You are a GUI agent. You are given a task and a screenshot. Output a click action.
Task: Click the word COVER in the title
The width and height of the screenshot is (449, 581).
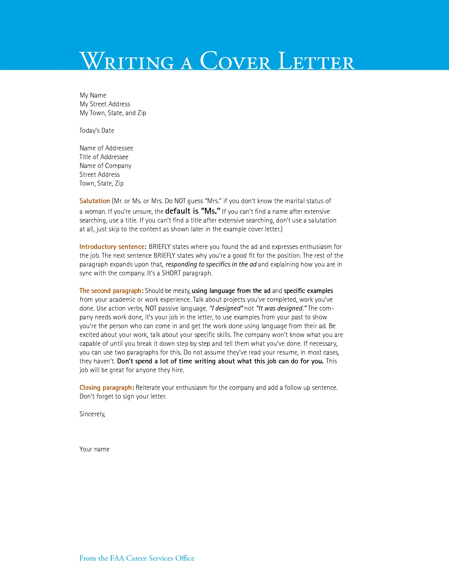pyautogui.click(x=235, y=61)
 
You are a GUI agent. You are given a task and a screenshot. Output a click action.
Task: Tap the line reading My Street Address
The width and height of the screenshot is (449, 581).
pyautogui.click(x=105, y=104)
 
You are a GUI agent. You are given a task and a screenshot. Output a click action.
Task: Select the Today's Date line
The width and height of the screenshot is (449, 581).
pyautogui.click(x=96, y=131)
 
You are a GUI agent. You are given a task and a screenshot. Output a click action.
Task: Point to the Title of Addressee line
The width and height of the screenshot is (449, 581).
pyautogui.click(x=104, y=157)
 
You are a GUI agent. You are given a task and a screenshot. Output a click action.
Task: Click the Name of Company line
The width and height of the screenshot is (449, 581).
pyautogui.click(x=105, y=166)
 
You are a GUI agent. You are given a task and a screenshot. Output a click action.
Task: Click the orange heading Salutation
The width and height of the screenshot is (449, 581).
pyautogui.click(x=94, y=201)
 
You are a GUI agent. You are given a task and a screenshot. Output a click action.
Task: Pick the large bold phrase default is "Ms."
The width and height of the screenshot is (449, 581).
pyautogui.click(x=193, y=211)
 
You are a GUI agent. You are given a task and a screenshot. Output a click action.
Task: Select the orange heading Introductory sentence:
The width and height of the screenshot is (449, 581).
pyautogui.click(x=113, y=247)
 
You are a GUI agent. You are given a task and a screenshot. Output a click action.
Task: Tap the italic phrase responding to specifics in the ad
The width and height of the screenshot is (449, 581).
pyautogui.click(x=211, y=264)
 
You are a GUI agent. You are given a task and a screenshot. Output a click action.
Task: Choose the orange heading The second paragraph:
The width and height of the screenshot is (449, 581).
pyautogui.click(x=111, y=291)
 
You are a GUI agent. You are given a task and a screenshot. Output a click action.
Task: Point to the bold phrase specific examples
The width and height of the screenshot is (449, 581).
pyautogui.click(x=308, y=291)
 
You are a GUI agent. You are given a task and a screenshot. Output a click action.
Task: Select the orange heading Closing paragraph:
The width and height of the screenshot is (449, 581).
pyautogui.click(x=107, y=388)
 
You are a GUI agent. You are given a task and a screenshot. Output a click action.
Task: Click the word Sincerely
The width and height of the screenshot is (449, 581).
pyautogui.click(x=92, y=414)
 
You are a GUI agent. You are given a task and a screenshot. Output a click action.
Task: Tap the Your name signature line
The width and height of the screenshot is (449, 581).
pyautogui.click(x=94, y=449)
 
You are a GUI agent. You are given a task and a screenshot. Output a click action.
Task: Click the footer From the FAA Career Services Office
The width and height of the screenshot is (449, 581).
pyautogui.click(x=137, y=558)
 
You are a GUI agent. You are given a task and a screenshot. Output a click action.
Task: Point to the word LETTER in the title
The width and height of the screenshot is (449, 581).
pyautogui.click(x=316, y=61)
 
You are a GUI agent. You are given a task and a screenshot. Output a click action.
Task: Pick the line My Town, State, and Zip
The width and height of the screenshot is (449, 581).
pyautogui.click(x=113, y=113)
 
